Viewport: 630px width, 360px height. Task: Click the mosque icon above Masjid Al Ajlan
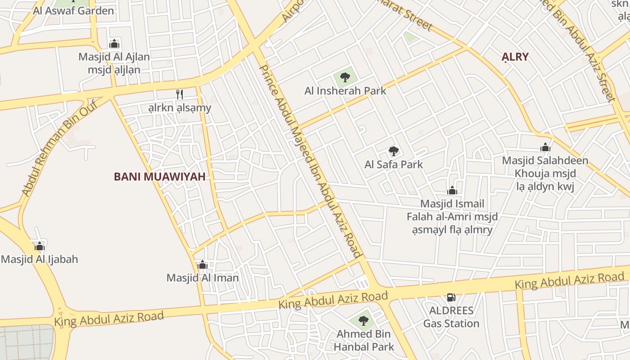(x=114, y=44)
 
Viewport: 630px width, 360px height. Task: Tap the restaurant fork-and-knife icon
(x=179, y=94)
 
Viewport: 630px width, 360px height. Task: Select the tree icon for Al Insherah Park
(x=345, y=77)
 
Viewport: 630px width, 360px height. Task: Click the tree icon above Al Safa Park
(x=394, y=151)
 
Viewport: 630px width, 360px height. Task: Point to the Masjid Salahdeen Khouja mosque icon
(x=545, y=147)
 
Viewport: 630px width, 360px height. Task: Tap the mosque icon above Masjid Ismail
(x=452, y=190)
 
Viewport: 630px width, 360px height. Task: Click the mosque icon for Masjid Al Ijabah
(x=40, y=246)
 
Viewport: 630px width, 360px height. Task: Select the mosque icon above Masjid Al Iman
(x=202, y=265)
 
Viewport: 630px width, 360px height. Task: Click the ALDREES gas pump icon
(x=451, y=297)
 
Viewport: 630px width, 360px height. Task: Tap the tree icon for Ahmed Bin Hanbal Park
(x=364, y=321)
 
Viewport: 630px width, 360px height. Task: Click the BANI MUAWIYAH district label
(x=160, y=176)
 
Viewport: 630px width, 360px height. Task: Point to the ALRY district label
(x=515, y=57)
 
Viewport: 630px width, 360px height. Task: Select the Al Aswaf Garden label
(x=73, y=11)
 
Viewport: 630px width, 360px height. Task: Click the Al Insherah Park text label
(x=345, y=91)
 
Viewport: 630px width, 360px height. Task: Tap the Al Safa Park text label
(x=394, y=164)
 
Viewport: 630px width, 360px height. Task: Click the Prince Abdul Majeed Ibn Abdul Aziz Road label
(x=311, y=162)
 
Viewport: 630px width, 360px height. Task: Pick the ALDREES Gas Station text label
(x=451, y=317)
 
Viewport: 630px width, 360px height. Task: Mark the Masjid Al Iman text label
(x=202, y=278)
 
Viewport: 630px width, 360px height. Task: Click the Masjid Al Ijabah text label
(x=40, y=259)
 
